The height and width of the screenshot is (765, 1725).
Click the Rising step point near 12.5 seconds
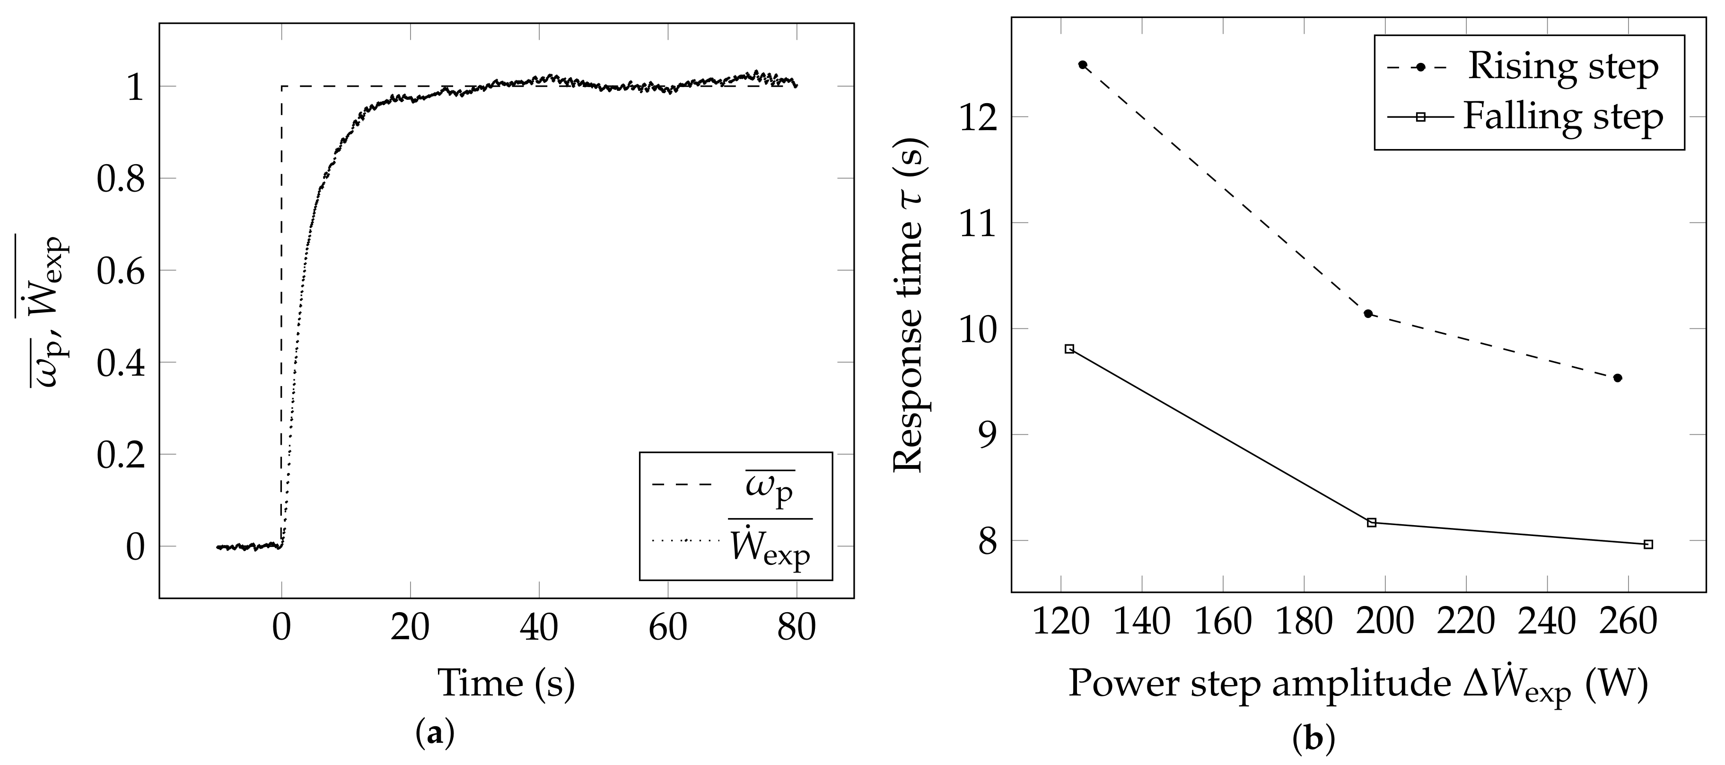[x=1083, y=65]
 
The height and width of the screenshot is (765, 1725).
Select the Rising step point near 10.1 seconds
[x=1368, y=314]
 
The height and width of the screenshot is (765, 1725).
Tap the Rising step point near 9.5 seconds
[x=1618, y=378]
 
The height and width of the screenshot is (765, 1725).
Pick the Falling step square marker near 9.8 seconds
[x=1069, y=349]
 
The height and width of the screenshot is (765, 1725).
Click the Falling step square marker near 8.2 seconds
[x=1371, y=522]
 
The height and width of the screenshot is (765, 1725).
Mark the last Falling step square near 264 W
[x=1649, y=545]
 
